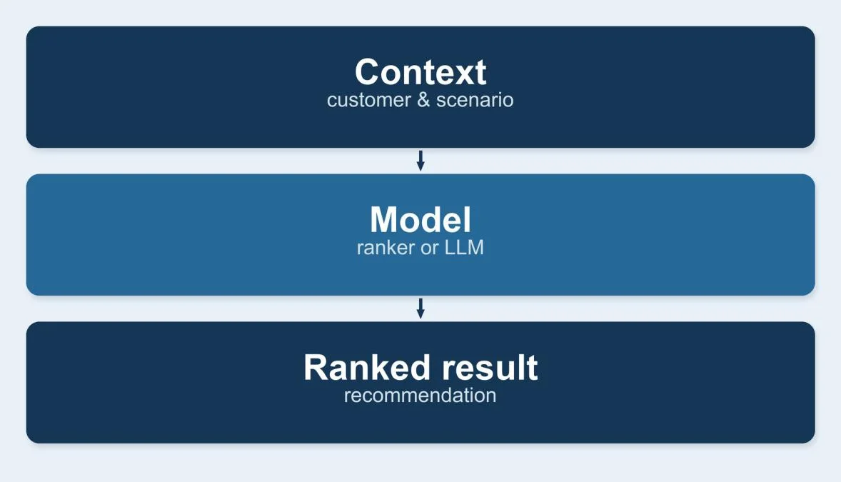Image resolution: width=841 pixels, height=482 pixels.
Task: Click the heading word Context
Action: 420,72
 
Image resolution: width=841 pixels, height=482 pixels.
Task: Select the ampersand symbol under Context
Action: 424,100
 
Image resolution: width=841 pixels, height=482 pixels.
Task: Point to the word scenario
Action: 475,100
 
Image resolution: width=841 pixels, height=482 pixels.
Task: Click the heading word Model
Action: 420,219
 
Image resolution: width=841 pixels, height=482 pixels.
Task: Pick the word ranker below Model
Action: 386,248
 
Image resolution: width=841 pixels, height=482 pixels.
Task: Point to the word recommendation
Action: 420,396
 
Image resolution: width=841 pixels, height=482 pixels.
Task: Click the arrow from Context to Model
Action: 420,161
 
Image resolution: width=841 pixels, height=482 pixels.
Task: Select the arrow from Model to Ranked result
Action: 420,308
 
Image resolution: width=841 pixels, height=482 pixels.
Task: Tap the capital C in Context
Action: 368,72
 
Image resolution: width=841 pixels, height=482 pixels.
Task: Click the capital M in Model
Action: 384,219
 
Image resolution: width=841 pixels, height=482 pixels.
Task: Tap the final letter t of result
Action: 532,368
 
